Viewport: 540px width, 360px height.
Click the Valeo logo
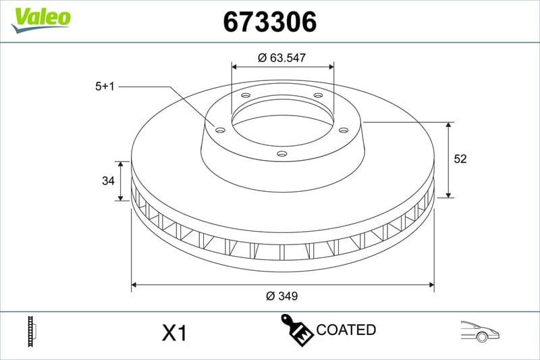tap(40, 18)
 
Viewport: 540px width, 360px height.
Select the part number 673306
tap(269, 22)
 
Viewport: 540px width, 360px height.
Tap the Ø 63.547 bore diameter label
tap(282, 58)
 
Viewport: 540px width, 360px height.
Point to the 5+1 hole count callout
tap(106, 86)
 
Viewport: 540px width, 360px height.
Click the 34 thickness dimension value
tap(107, 181)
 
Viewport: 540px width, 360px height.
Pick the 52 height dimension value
tap(460, 159)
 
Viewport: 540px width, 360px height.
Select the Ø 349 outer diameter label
tap(282, 296)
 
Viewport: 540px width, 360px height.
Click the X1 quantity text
tap(174, 333)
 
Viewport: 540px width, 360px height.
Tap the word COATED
tap(346, 330)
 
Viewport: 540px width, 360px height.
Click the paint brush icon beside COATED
tap(296, 330)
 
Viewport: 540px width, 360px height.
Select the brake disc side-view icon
tap(31, 331)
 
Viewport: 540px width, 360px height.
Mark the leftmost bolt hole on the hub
tap(220, 130)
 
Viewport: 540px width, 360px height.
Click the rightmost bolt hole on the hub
tap(343, 130)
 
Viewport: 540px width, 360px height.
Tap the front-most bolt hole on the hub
tap(282, 154)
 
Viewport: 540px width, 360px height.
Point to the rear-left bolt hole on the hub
tap(246, 95)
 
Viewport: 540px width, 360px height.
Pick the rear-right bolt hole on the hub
tap(318, 95)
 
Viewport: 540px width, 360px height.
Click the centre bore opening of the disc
tap(282, 120)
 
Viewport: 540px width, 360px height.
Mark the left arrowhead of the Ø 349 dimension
tap(134, 285)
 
